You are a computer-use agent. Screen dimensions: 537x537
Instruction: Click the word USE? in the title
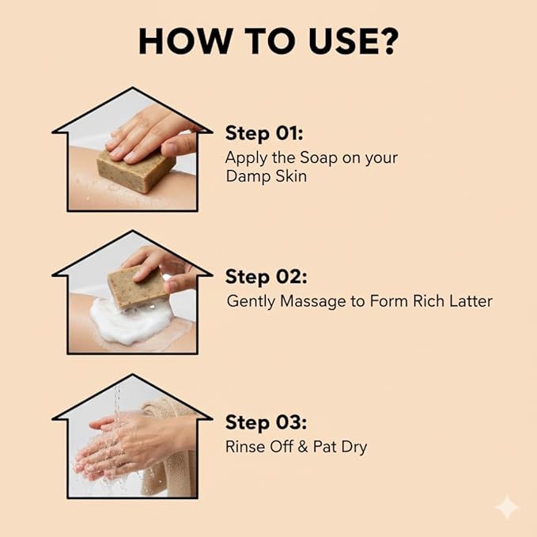353,41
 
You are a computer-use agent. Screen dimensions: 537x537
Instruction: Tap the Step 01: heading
264,133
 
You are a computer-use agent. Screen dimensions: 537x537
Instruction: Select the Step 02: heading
266,276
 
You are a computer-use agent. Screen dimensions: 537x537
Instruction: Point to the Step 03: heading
266,422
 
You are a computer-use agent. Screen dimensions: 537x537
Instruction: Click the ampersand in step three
303,447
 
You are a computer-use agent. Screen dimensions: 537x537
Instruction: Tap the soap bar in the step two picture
138,287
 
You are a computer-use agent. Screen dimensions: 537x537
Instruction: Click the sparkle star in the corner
507,507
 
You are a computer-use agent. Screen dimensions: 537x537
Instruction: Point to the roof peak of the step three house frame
133,375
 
